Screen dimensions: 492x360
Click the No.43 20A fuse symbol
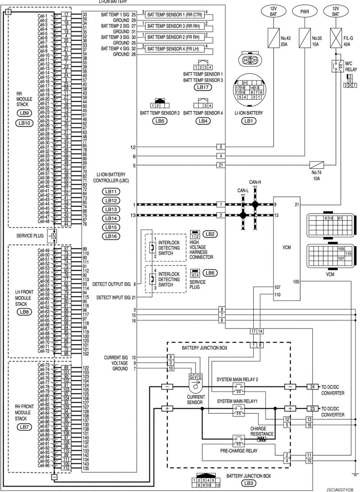click(x=273, y=38)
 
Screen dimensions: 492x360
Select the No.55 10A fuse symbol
click(x=305, y=38)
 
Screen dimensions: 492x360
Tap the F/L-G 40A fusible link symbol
click(x=336, y=38)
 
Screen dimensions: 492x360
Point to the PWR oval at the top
click(x=305, y=12)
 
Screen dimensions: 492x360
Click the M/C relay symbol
click(x=338, y=66)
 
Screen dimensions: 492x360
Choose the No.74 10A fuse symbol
click(x=316, y=165)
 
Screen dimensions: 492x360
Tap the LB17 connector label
click(x=203, y=87)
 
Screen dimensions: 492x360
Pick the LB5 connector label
click(x=160, y=121)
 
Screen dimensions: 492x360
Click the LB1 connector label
click(x=248, y=121)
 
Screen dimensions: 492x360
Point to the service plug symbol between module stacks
click(x=54, y=236)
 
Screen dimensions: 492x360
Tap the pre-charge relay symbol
click(x=238, y=441)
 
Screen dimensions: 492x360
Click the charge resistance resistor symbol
click(x=262, y=439)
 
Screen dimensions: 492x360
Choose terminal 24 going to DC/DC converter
click(x=312, y=387)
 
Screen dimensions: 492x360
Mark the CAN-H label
click(x=255, y=182)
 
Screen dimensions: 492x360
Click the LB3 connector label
click(x=248, y=483)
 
